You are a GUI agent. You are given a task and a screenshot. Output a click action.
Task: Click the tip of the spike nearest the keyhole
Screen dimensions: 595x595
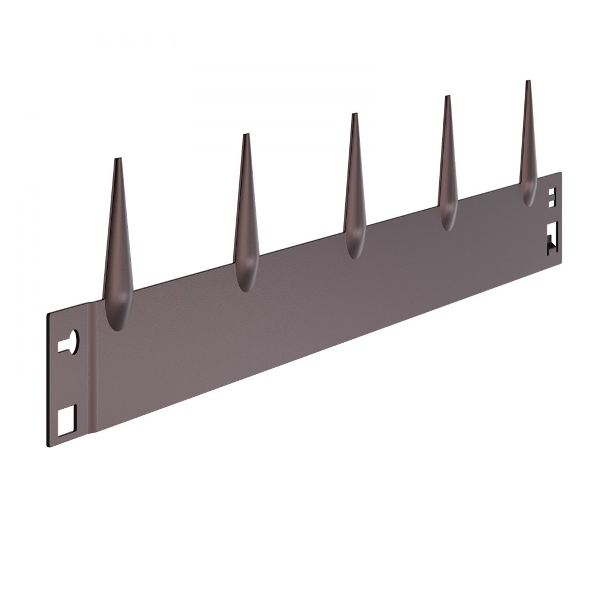[x=118, y=159]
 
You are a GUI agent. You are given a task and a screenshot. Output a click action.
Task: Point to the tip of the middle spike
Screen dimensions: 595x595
[x=354, y=115]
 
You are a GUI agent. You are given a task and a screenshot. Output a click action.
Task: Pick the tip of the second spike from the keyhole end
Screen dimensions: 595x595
[x=245, y=136]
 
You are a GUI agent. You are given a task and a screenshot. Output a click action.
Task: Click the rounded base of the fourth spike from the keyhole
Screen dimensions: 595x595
[x=448, y=221]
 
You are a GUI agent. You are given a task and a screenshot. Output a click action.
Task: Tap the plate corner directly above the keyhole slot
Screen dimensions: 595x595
[x=48, y=314]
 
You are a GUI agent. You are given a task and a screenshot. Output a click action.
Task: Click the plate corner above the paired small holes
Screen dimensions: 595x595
[x=560, y=174]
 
